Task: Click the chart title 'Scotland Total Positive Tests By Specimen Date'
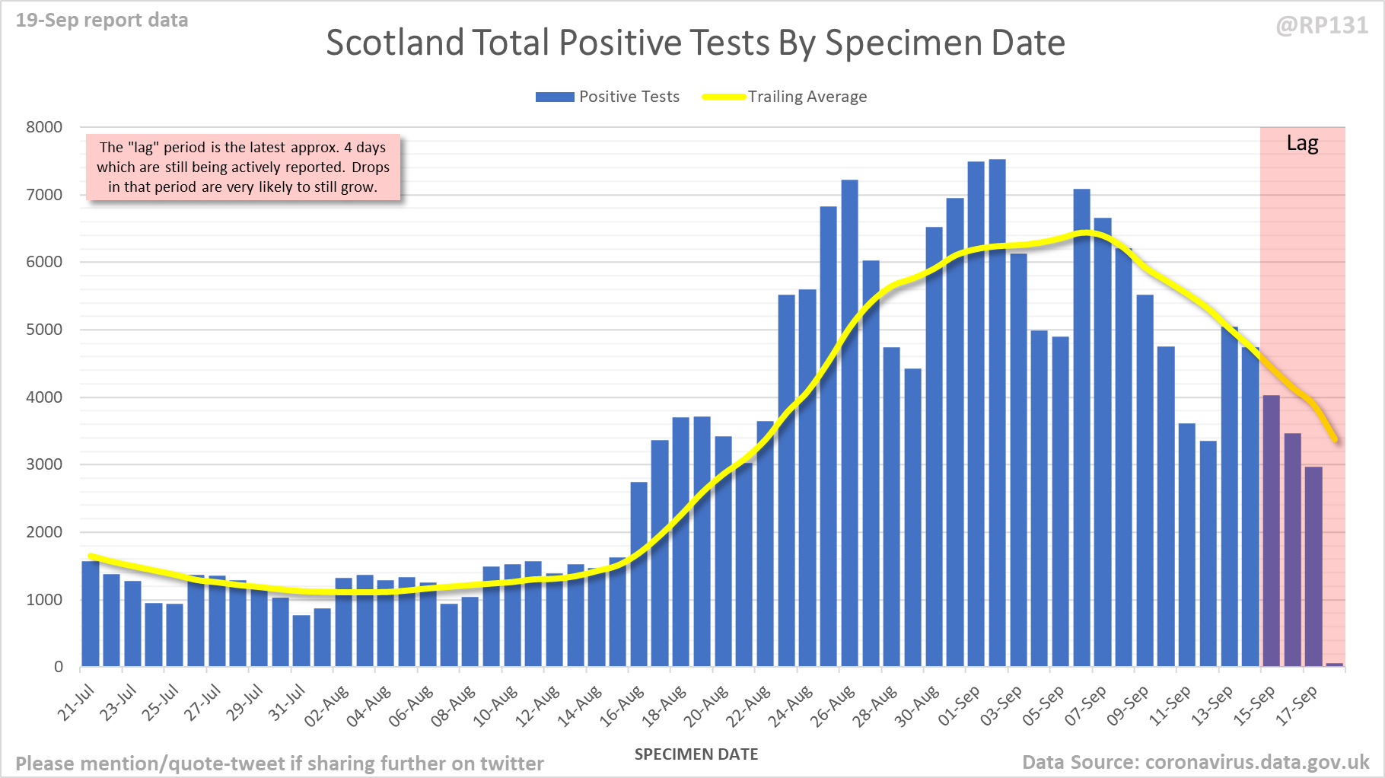pos(695,43)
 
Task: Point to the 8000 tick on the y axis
pos(44,127)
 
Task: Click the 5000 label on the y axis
pos(44,330)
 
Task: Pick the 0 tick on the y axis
pos(59,667)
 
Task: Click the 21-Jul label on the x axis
pos(76,703)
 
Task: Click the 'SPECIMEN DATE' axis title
pos(696,754)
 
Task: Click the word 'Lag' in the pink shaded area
pos(1302,143)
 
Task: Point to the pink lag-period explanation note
pos(243,167)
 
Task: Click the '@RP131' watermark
pos(1322,26)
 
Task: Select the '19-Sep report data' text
pos(102,21)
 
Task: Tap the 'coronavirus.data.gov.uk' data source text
pos(1256,762)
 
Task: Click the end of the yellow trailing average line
pos(1336,439)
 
